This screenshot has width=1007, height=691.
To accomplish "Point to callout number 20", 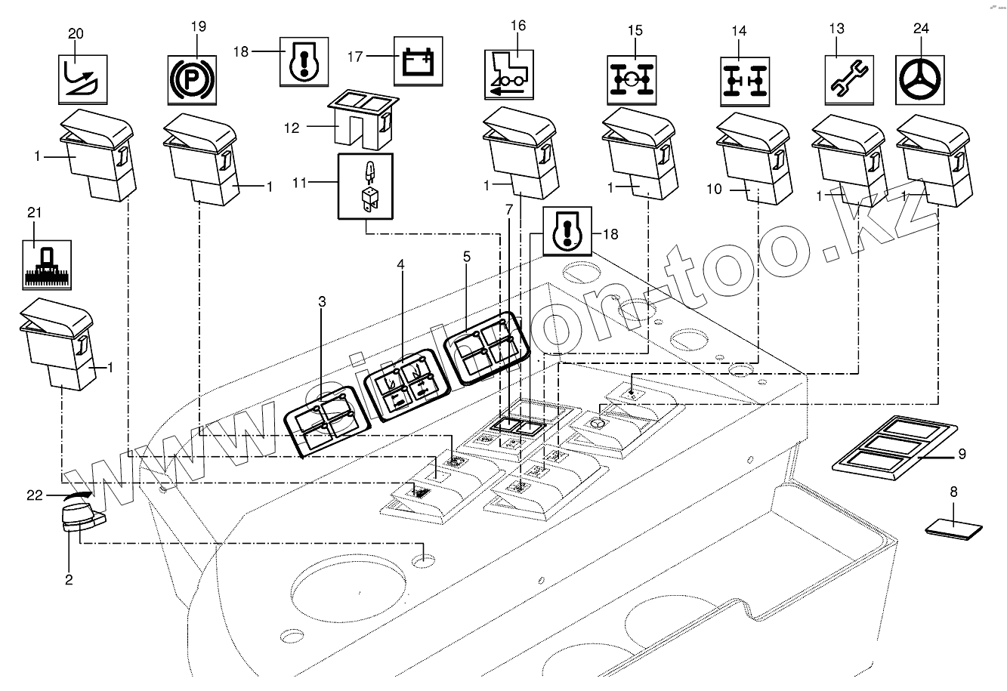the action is coord(76,33).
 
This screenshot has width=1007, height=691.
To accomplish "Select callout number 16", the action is coord(517,25).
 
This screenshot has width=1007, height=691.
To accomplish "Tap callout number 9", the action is coord(961,454).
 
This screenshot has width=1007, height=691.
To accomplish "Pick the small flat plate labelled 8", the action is coord(954,526).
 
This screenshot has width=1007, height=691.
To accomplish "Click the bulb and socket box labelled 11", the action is coord(365,185).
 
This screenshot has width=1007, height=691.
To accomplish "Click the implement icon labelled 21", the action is coord(46,264).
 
